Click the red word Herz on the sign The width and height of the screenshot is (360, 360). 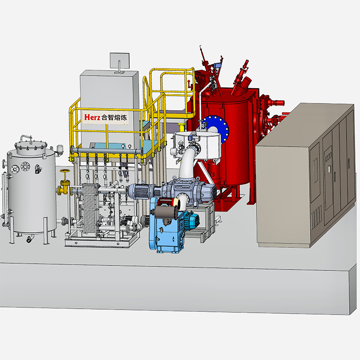tap(92, 117)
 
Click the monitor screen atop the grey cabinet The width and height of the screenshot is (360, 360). tap(119, 61)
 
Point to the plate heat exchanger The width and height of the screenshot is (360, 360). tap(90, 208)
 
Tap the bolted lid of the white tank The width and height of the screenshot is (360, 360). tap(31, 145)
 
